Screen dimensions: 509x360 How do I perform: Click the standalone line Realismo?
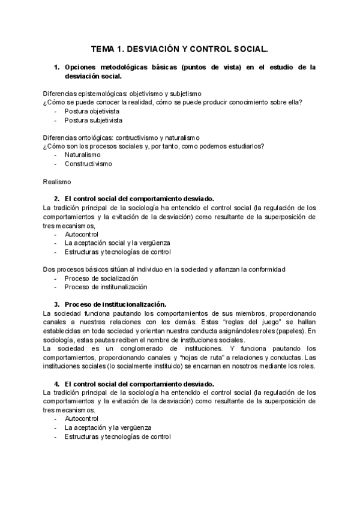tap(57, 181)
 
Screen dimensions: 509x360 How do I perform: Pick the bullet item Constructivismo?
tap(88, 163)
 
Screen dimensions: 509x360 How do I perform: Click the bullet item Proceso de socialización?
tap(101, 279)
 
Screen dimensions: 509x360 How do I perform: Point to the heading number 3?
tap(56, 304)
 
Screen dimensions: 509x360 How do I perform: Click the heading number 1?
tap(56, 67)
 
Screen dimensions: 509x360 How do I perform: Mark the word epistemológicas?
tap(104, 94)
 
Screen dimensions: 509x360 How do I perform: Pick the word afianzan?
tap(223, 270)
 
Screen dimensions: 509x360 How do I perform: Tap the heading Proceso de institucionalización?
tap(115, 304)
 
